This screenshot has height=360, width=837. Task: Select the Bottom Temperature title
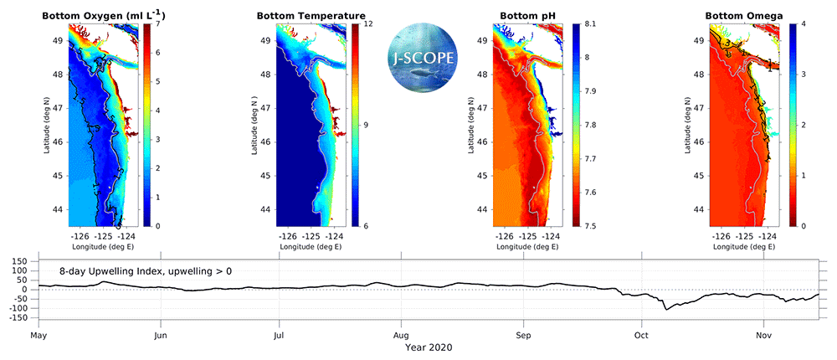coord(311,16)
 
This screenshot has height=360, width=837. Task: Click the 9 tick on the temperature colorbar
coord(366,125)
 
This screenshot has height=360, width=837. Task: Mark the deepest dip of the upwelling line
coord(667,309)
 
